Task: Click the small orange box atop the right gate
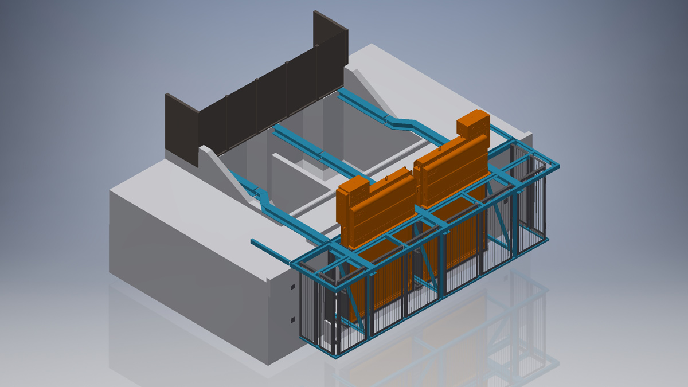coord(472,124)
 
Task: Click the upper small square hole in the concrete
coord(292,286)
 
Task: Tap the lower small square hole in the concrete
coord(292,319)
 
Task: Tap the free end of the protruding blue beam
coord(253,242)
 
